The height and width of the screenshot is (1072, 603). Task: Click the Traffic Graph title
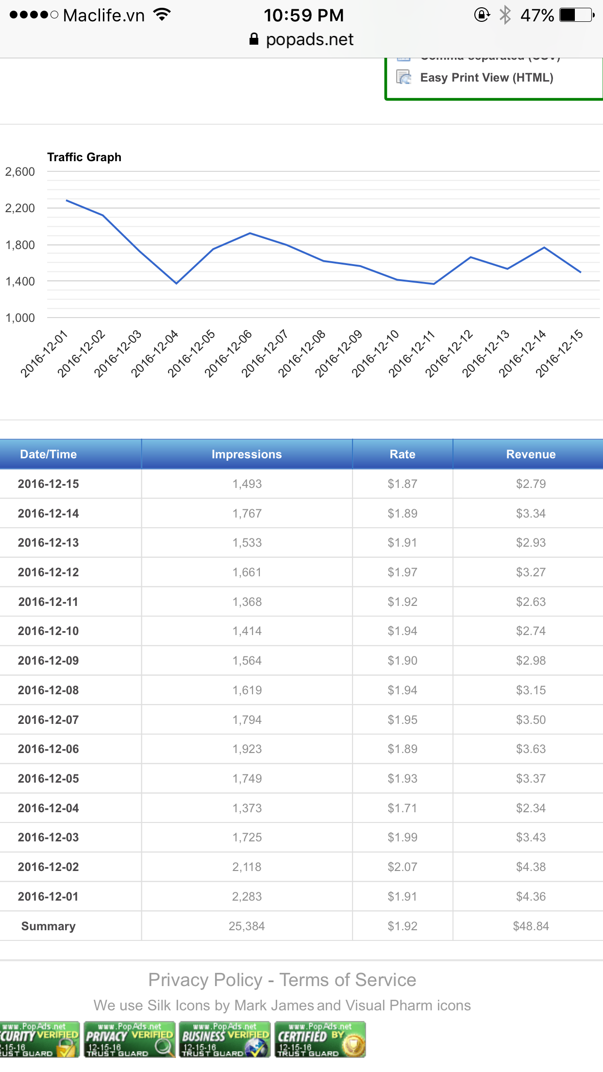click(84, 157)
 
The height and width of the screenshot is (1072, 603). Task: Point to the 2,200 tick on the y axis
click(20, 208)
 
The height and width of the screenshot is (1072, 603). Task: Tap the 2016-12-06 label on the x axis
click(228, 353)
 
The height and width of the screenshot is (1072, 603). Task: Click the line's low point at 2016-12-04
click(177, 283)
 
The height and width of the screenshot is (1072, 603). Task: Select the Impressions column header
click(247, 454)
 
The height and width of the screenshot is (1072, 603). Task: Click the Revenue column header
click(531, 454)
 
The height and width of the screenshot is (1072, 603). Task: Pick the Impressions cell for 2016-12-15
click(247, 484)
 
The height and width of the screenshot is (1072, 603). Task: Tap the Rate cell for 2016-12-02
click(402, 867)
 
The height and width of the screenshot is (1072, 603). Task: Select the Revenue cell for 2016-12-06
click(531, 749)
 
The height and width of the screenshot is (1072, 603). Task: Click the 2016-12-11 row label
click(48, 602)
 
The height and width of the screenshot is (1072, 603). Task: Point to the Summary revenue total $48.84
click(531, 926)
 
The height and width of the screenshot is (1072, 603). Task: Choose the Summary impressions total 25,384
click(247, 926)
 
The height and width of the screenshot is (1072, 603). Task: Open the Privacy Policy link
click(205, 980)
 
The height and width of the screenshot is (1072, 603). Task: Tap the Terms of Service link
click(348, 980)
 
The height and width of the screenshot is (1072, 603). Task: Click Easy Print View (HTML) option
click(486, 78)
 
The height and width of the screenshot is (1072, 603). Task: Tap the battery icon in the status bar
click(576, 15)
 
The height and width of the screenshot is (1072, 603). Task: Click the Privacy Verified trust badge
click(129, 1039)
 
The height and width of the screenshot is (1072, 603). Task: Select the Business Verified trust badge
click(224, 1039)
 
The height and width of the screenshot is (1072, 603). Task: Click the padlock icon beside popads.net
click(253, 39)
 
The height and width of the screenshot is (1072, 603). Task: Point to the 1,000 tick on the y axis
click(20, 318)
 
